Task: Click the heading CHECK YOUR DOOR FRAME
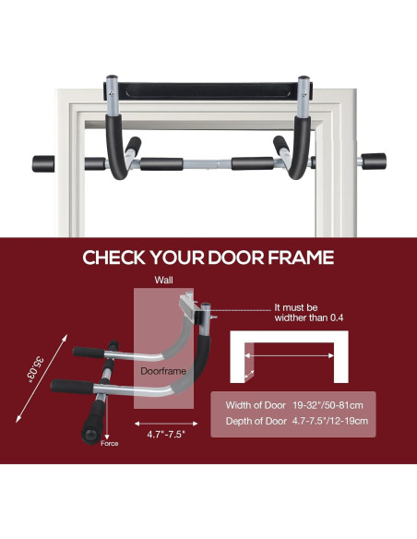208,258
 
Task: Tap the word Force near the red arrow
109,444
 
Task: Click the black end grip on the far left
44,163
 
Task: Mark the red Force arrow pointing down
109,427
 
